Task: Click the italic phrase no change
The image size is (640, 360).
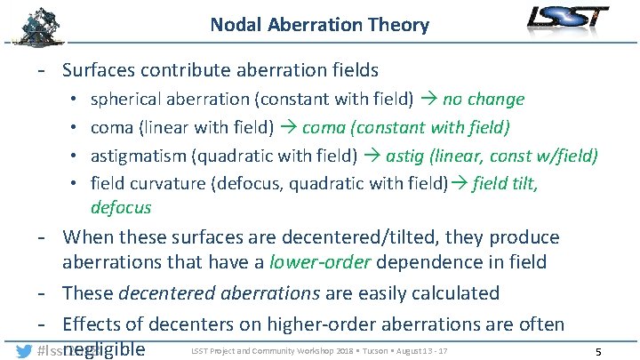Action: point(484,99)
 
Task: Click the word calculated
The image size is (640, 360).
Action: point(455,292)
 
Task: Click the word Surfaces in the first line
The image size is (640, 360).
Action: point(102,69)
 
